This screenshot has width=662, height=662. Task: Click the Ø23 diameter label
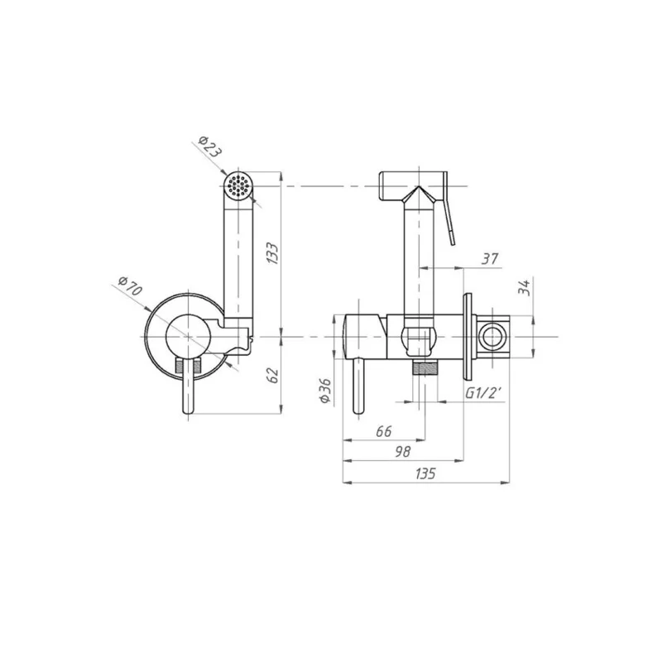(209, 147)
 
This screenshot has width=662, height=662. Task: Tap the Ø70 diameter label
(131, 285)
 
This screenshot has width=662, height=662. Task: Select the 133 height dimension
(273, 254)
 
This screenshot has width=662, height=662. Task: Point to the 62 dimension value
(274, 376)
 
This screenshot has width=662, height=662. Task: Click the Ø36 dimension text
(325, 391)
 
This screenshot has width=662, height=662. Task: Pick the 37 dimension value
(490, 258)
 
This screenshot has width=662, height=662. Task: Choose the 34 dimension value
(524, 288)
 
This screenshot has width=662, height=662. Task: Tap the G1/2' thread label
(483, 394)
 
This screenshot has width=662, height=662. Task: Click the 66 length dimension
(384, 431)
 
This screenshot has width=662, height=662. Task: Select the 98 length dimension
(402, 452)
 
